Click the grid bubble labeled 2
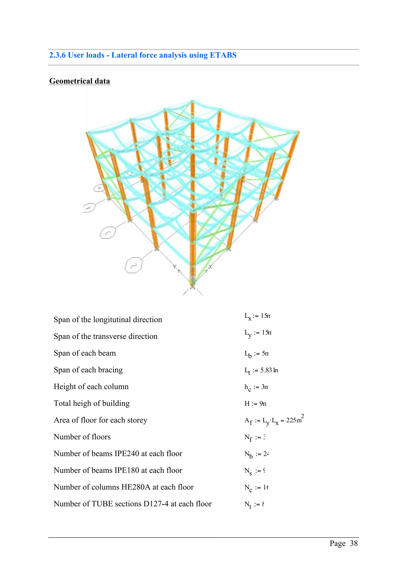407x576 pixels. [133, 265]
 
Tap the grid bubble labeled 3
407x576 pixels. [108, 233]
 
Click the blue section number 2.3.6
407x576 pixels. [57, 55]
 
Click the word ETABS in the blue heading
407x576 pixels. [223, 55]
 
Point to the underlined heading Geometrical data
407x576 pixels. [79, 81]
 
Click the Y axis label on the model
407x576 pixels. [175, 267]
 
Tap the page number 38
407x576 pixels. [354, 543]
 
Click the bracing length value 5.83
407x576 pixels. [266, 370]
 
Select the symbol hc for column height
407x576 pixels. [247, 387]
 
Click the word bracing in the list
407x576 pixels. [110, 370]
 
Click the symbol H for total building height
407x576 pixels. [247, 403]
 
